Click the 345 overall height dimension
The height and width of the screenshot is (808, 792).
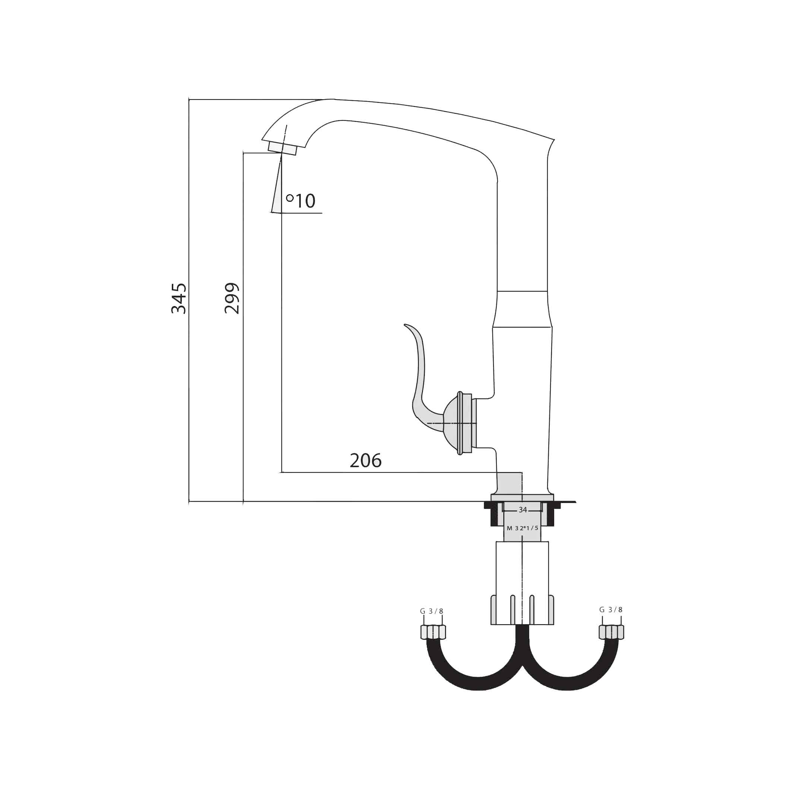[x=179, y=298]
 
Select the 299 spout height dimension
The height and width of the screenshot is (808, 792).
[x=232, y=298]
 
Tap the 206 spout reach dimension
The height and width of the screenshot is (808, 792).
[x=366, y=460]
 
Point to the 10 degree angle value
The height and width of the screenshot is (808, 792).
[x=305, y=201]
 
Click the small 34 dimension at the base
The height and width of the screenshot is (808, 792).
[x=523, y=510]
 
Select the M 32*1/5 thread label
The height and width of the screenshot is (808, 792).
[x=523, y=528]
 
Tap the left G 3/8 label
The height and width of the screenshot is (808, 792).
[x=431, y=611]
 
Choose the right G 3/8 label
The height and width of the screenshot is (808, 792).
[x=610, y=610]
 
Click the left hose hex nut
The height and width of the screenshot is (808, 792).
[x=433, y=632]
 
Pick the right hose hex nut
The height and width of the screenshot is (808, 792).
[x=612, y=632]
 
